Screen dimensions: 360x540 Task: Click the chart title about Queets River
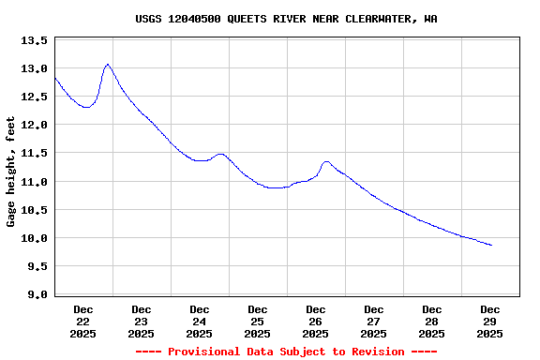[x=286, y=19]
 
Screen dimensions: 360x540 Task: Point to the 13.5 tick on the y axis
[x=34, y=41]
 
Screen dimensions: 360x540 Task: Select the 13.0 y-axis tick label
[x=34, y=69]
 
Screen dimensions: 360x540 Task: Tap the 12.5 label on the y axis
[x=34, y=97]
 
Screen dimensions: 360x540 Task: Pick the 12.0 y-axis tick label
[x=34, y=126]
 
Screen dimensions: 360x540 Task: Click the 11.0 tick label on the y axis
[x=34, y=182]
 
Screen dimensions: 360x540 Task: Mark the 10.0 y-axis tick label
[x=34, y=238]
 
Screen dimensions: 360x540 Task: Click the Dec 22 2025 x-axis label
[x=83, y=321]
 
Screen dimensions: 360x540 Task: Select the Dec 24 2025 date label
[x=200, y=321]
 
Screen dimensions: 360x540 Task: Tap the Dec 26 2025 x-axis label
[x=316, y=321]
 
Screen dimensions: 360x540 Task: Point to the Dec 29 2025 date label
[x=490, y=321]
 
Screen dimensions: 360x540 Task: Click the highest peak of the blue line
[x=108, y=65]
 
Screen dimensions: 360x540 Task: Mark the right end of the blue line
[x=491, y=246]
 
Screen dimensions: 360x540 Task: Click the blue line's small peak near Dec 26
[x=325, y=162]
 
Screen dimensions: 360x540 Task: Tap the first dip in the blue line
[x=86, y=108]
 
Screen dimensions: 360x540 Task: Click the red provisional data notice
[x=286, y=352]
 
